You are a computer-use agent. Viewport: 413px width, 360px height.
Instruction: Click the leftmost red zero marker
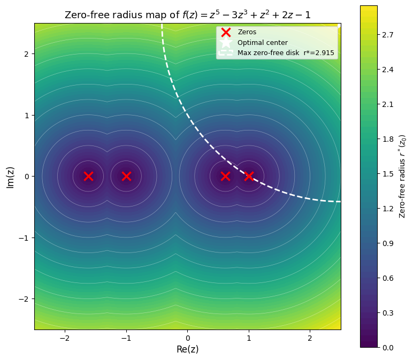click(88, 176)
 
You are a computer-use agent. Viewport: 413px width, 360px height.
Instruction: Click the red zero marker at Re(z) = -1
click(126, 176)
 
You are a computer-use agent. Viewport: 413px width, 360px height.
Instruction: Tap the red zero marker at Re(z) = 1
click(249, 176)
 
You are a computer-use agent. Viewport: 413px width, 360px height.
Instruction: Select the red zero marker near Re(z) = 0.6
click(225, 176)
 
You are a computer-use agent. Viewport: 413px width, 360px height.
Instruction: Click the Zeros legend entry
click(247, 32)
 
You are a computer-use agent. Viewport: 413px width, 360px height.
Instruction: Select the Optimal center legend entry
click(262, 42)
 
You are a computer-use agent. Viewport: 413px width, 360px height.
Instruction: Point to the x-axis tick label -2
click(65, 339)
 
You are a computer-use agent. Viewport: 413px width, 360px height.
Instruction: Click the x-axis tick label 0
click(188, 339)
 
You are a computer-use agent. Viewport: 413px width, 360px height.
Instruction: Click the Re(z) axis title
click(188, 349)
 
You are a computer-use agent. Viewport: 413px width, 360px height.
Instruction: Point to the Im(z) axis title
click(10, 177)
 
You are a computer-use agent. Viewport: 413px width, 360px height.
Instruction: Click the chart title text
click(188, 15)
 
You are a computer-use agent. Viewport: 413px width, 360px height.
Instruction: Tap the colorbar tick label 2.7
click(387, 35)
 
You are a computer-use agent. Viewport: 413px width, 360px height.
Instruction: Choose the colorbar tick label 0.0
click(387, 348)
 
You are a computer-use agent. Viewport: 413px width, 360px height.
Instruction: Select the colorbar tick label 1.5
click(387, 174)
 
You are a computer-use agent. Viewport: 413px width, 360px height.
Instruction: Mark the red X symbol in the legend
click(226, 32)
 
